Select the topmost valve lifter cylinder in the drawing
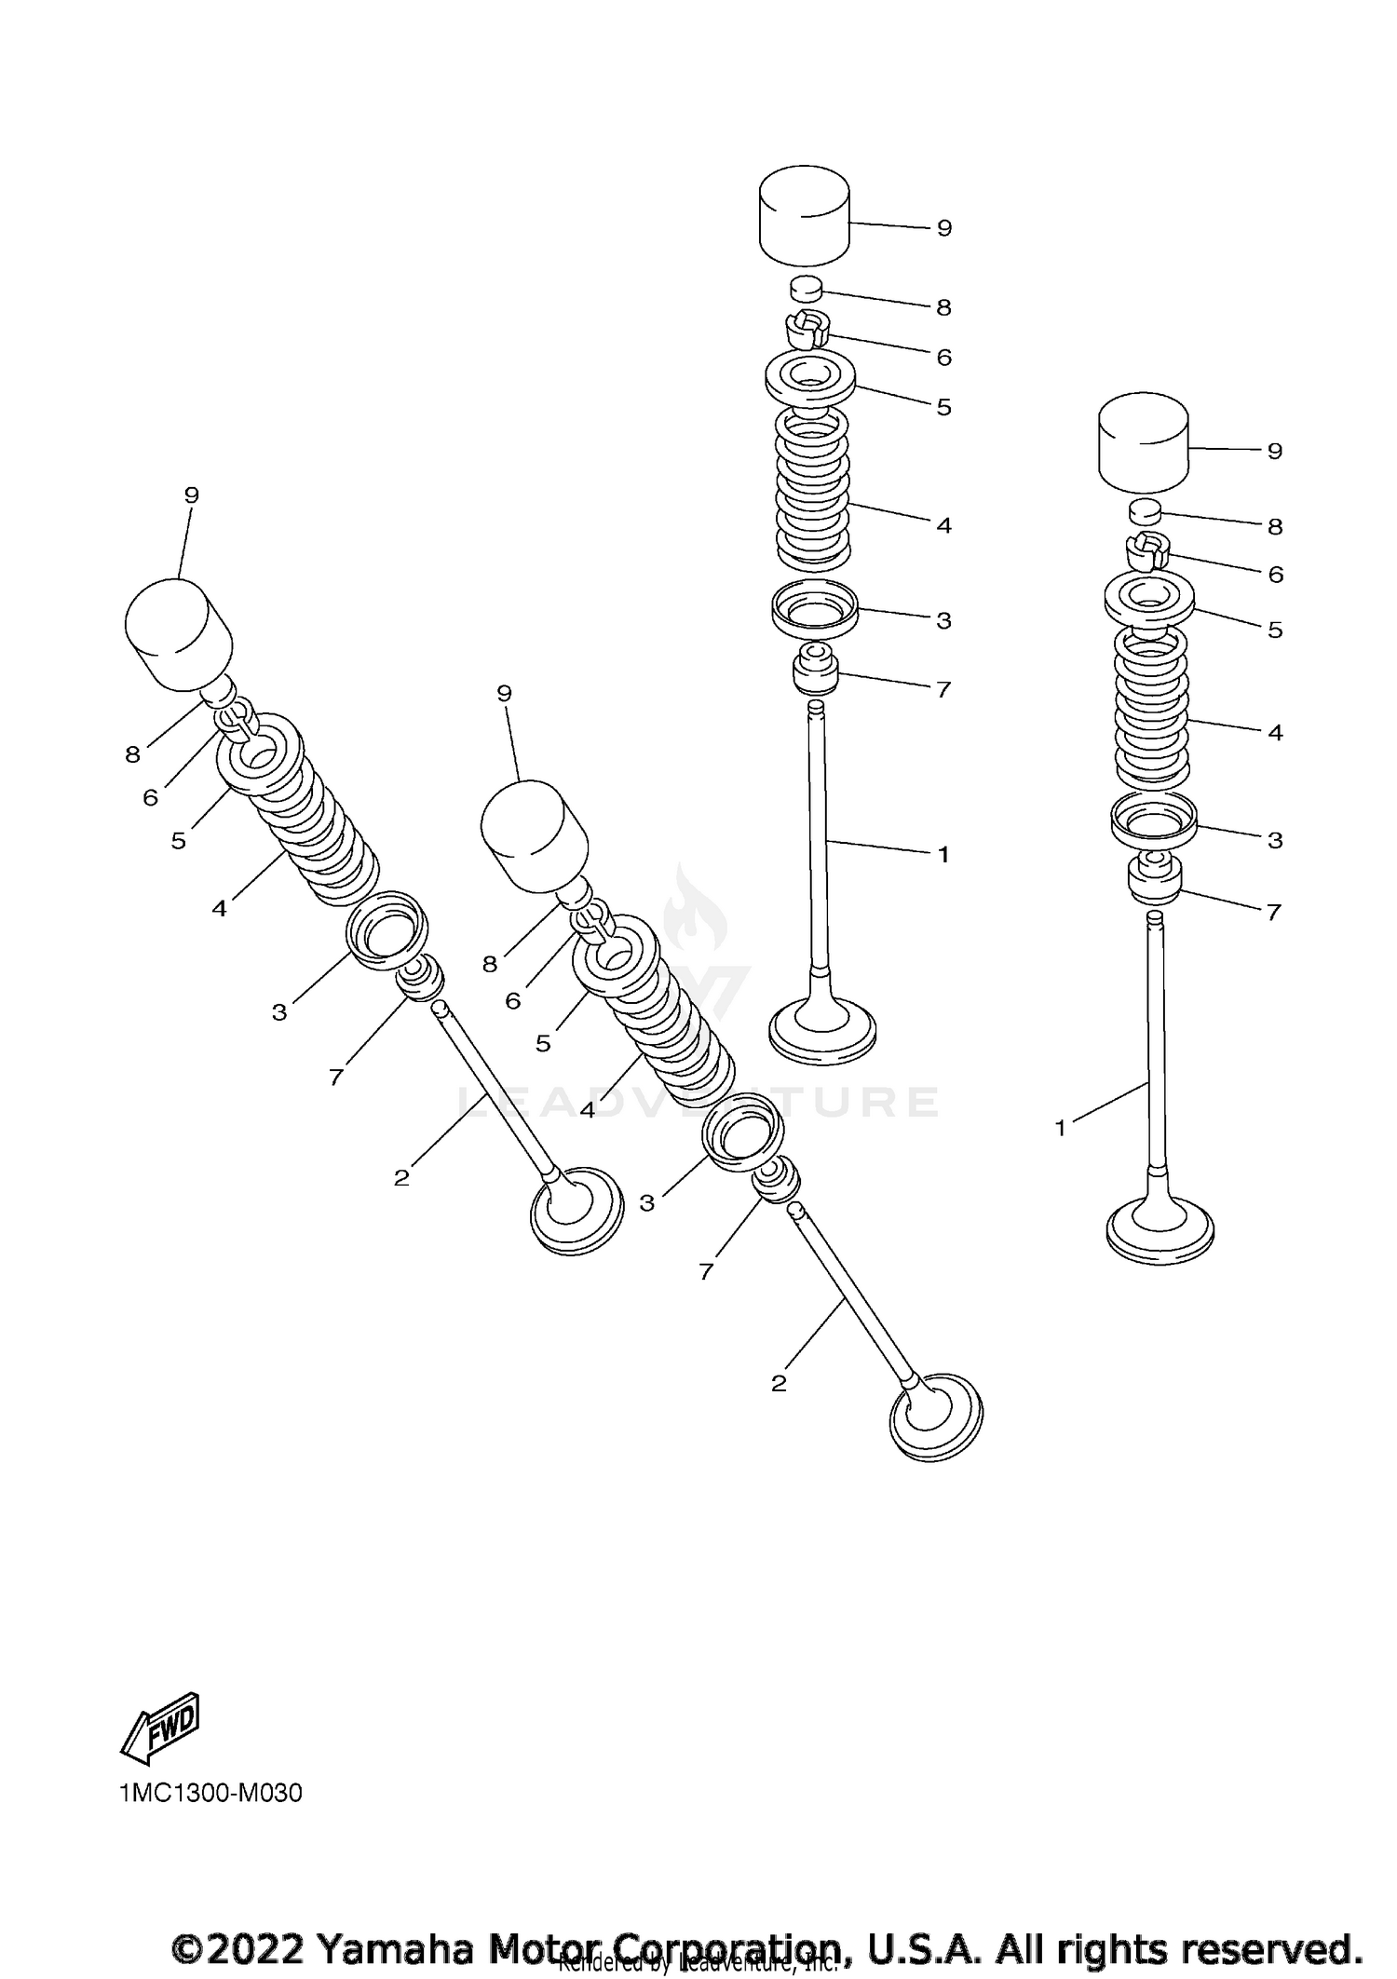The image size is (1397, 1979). tap(804, 216)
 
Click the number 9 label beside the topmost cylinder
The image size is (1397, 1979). tap(943, 228)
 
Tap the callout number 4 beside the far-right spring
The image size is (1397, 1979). tap(1275, 733)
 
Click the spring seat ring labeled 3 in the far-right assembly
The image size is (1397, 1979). tap(1153, 821)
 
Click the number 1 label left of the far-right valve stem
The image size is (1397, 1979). tap(1060, 1129)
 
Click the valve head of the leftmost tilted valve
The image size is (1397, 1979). tap(576, 1211)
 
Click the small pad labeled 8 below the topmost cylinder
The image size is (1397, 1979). tap(807, 288)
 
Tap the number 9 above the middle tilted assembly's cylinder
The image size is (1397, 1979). tap(504, 693)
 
